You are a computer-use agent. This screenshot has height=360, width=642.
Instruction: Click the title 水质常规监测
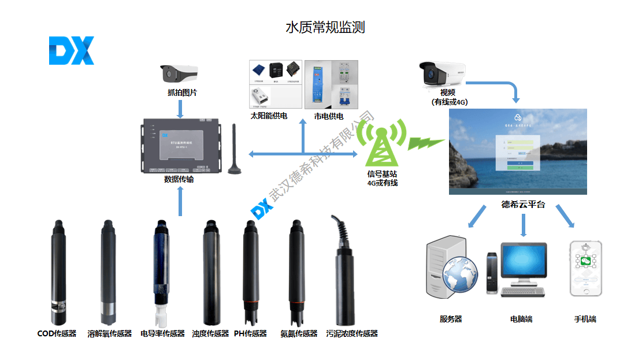click(325, 27)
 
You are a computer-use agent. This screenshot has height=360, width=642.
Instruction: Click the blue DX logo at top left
click(71, 50)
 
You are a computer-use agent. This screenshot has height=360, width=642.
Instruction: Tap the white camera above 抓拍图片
click(179, 73)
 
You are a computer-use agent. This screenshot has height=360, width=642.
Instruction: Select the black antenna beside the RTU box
click(234, 150)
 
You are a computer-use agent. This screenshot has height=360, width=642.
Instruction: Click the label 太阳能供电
click(269, 116)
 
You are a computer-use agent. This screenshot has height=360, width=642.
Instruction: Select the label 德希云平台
click(522, 205)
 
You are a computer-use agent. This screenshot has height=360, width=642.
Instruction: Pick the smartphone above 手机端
click(585, 268)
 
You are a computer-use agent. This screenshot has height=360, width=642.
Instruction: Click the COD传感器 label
click(57, 333)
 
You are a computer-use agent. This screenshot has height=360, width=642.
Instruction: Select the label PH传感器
click(250, 333)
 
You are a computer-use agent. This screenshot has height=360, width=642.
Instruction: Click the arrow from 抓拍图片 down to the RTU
click(180, 108)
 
